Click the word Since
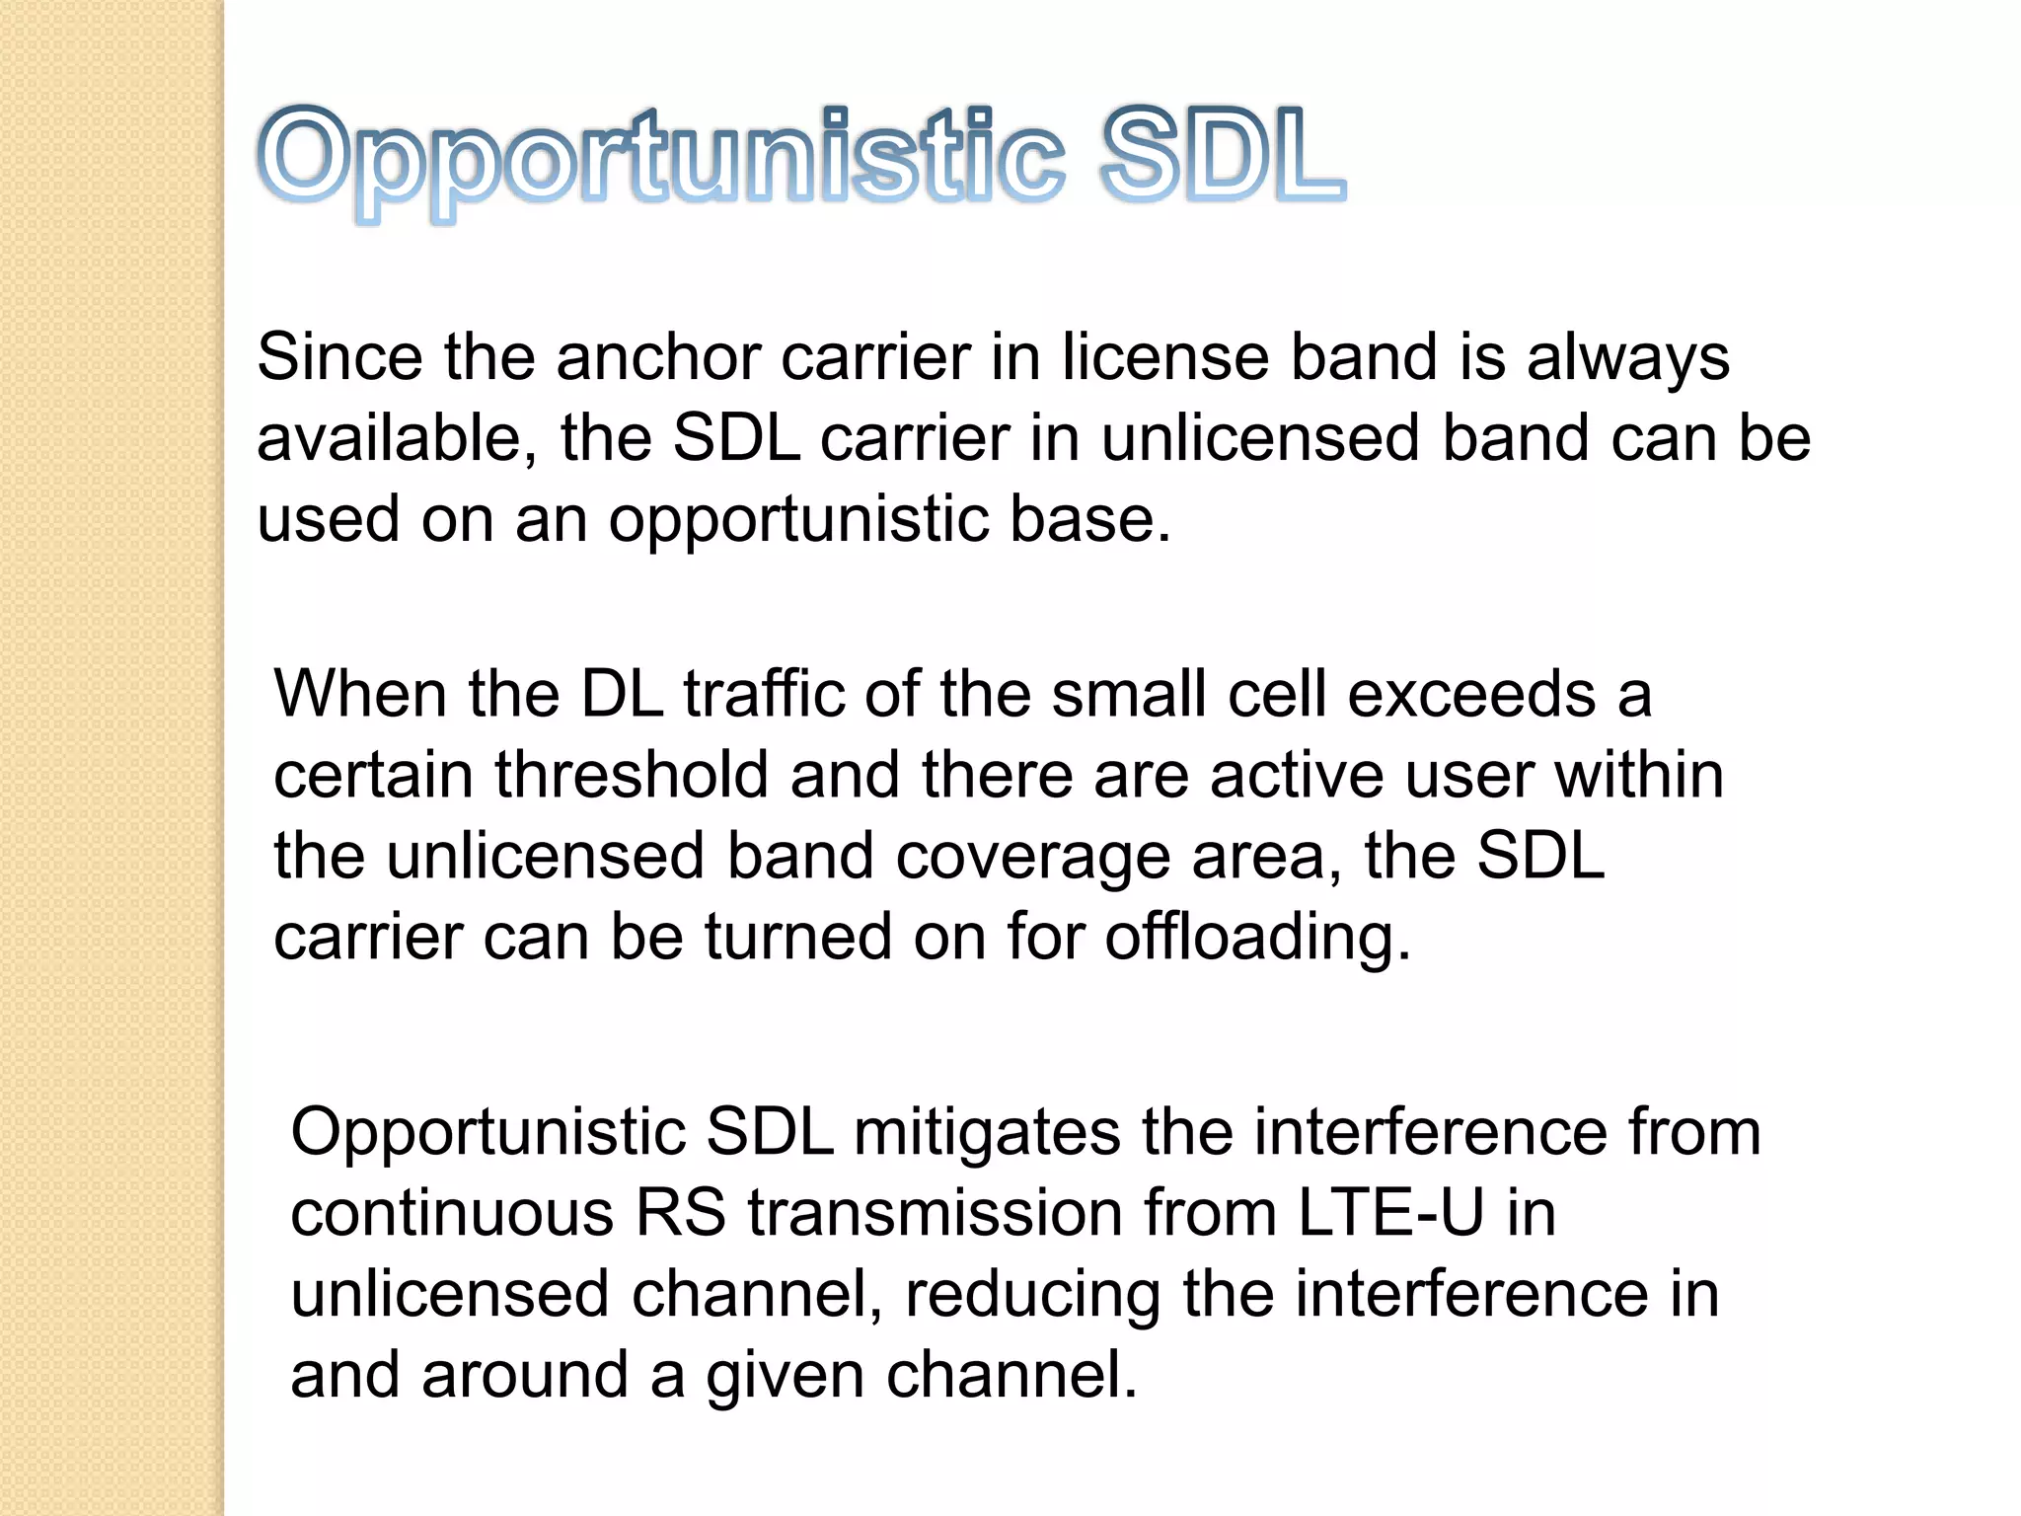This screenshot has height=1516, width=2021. pyautogui.click(x=340, y=356)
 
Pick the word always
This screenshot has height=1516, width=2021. pyautogui.click(x=1627, y=358)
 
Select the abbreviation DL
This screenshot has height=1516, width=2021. pyautogui.click(x=622, y=694)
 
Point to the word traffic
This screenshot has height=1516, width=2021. pyautogui.click(x=764, y=694)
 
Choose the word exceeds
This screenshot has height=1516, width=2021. pyautogui.click(x=1471, y=694)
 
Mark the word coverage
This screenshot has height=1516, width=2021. pyautogui.click(x=1033, y=857)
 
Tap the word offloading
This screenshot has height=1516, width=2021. pyautogui.click(x=1257, y=938)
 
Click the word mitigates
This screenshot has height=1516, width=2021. pyautogui.click(x=987, y=1132)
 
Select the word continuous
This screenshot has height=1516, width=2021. pyautogui.click(x=452, y=1213)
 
